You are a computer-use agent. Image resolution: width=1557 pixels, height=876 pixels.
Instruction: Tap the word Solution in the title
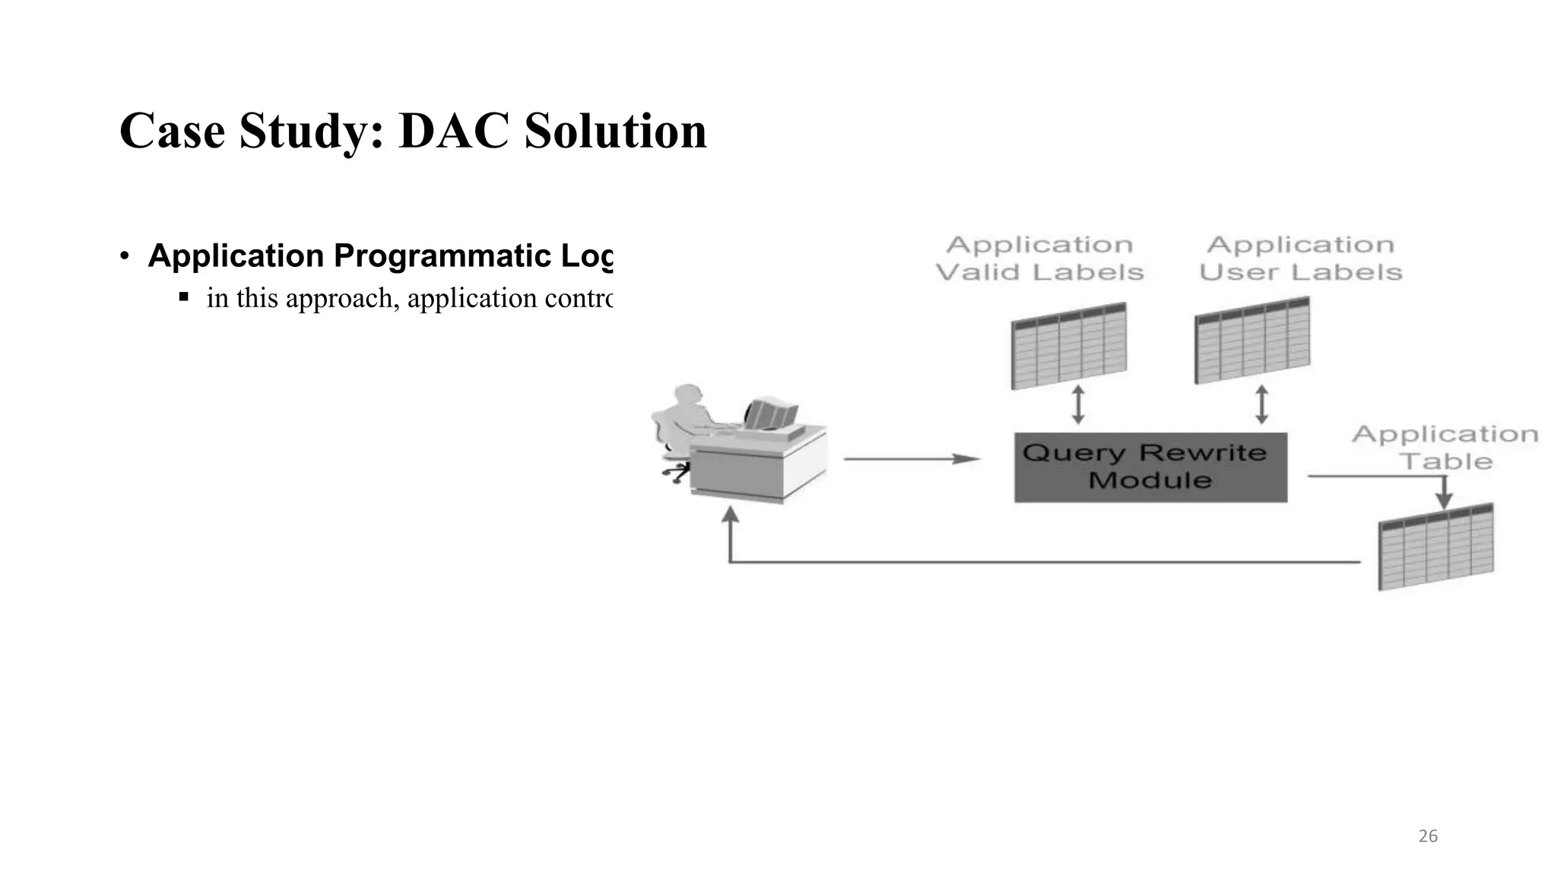click(x=615, y=131)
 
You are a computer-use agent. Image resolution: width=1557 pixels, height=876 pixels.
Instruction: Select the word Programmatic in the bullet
click(x=442, y=256)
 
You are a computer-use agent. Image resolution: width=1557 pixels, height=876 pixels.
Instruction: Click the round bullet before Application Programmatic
click(x=125, y=256)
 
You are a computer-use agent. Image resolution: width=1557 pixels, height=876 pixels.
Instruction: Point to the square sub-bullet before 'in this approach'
click(x=183, y=296)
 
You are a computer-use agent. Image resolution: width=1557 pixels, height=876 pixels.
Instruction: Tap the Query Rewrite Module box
click(x=1150, y=467)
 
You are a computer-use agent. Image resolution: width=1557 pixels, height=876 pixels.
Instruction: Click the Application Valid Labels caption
click(x=1039, y=259)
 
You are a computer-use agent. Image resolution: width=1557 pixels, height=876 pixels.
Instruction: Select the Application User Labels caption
click(x=1300, y=259)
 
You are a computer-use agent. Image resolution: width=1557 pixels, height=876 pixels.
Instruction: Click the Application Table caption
click(x=1445, y=448)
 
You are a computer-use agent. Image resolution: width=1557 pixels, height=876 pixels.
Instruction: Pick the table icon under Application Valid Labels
click(x=1068, y=345)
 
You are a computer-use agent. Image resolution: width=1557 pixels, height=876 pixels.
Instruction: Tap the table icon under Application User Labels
click(x=1252, y=341)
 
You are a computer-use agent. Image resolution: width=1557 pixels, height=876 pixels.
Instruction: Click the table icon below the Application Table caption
click(x=1435, y=546)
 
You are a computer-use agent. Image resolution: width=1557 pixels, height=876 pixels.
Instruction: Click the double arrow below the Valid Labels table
click(x=1077, y=405)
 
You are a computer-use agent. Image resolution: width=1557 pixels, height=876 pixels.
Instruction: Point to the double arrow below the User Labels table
click(x=1261, y=405)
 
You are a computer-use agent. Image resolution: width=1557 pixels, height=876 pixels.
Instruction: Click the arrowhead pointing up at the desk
click(x=730, y=515)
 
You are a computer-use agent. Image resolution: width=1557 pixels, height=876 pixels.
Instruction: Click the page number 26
click(x=1428, y=836)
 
